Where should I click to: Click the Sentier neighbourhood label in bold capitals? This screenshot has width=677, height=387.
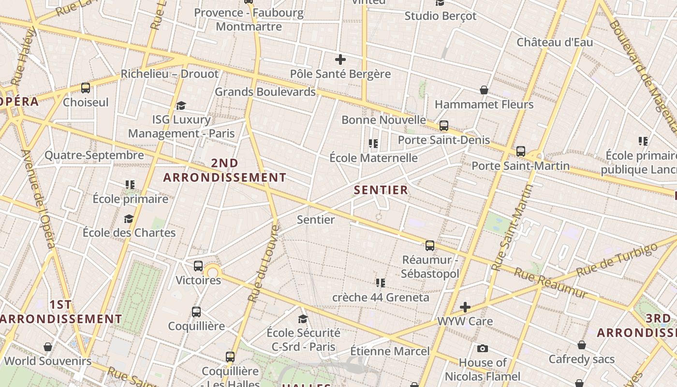(381, 190)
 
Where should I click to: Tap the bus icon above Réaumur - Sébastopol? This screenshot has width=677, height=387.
(430, 246)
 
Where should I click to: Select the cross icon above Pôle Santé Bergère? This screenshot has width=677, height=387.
(340, 60)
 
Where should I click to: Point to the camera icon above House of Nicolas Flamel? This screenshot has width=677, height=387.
(482, 348)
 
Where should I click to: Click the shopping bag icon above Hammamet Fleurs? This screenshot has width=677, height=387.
(484, 90)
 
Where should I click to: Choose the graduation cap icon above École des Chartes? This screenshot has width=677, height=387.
(129, 219)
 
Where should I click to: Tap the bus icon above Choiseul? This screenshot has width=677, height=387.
(86, 88)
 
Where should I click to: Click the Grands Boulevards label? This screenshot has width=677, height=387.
(265, 91)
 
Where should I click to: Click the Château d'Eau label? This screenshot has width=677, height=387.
(555, 42)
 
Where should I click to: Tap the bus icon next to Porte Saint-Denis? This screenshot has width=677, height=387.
(444, 126)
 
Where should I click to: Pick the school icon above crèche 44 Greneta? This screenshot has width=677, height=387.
(381, 283)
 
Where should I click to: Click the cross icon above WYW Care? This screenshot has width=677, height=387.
(465, 307)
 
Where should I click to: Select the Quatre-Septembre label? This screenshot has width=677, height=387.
(94, 155)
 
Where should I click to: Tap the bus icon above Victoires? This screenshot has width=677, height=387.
(198, 266)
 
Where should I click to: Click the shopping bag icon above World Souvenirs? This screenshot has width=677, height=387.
(47, 347)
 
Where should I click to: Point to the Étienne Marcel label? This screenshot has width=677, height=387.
(390, 351)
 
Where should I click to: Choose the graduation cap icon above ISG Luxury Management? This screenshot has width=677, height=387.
(181, 105)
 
